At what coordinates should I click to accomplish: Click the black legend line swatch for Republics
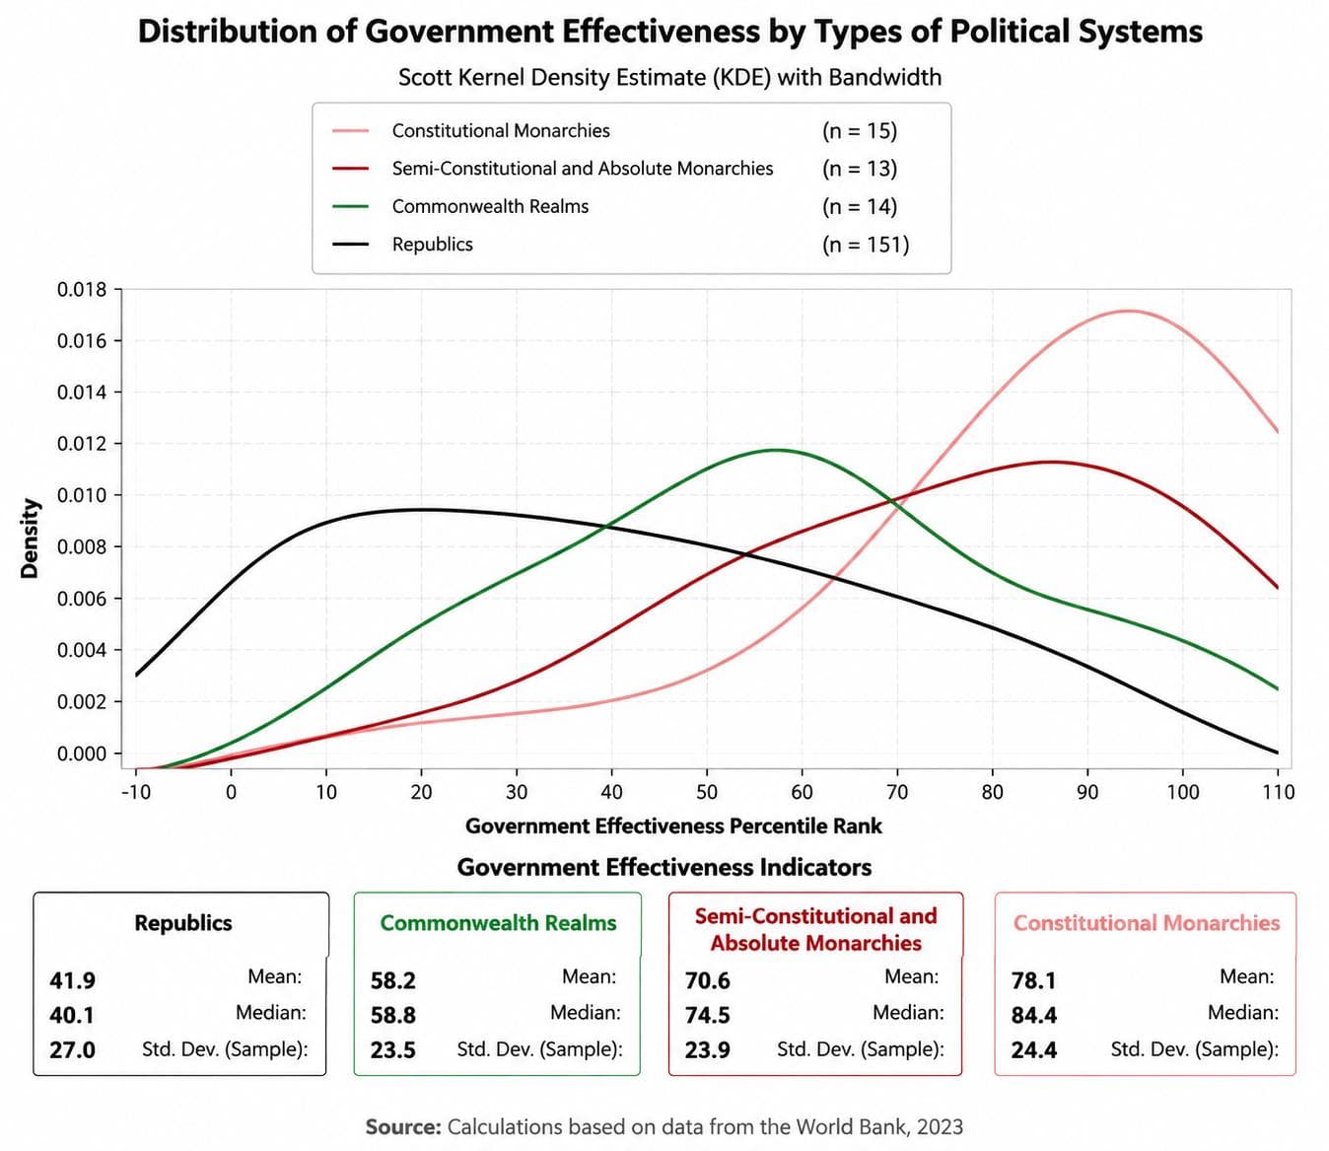[350, 245]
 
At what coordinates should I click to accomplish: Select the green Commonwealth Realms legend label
[490, 206]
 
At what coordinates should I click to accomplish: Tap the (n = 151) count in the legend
[866, 245]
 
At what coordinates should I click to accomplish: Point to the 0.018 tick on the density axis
[82, 290]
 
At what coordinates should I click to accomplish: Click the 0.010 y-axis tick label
[82, 495]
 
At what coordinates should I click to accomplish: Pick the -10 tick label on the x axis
[136, 791]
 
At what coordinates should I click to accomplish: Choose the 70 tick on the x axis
[897, 791]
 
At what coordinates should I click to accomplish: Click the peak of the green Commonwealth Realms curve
[777, 451]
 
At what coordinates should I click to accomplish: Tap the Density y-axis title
[30, 539]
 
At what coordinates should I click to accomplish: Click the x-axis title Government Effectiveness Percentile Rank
[673, 827]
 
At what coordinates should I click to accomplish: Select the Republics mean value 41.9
[72, 980]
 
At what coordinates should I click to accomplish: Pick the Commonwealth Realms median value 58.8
[392, 1015]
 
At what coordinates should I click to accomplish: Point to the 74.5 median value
[707, 1015]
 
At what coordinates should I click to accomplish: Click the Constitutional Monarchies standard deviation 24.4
[1034, 1050]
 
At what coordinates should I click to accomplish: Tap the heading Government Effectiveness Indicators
[664, 867]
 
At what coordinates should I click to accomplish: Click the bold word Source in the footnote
[404, 1126]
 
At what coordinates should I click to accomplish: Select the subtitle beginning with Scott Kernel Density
[670, 77]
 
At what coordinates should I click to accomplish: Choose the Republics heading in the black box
[183, 922]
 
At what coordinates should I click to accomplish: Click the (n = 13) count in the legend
[860, 169]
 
